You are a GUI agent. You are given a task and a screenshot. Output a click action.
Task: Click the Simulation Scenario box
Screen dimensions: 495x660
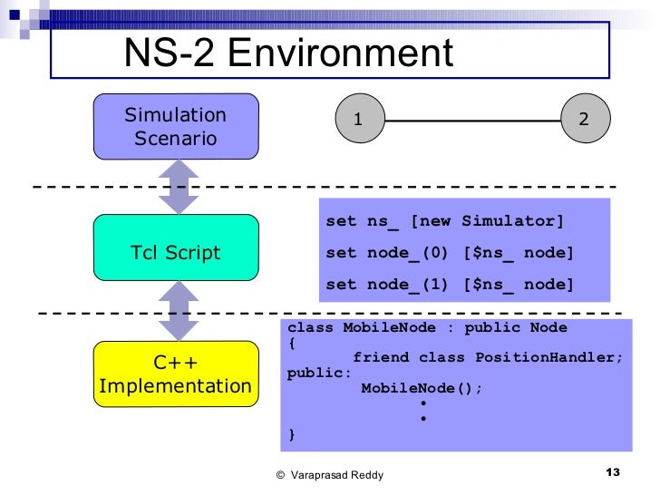(176, 126)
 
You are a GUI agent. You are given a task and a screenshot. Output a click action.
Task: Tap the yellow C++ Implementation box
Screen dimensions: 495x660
(176, 374)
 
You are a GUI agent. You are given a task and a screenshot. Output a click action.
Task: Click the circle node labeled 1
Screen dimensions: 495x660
(359, 120)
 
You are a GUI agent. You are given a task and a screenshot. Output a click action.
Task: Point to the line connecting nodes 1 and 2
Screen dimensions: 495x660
(471, 120)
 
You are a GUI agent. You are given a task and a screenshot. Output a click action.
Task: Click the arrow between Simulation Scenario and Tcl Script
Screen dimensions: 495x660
(179, 187)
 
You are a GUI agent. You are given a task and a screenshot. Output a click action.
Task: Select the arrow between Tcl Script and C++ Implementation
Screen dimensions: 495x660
(179, 310)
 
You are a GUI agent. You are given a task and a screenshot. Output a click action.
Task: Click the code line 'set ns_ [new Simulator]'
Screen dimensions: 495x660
(444, 222)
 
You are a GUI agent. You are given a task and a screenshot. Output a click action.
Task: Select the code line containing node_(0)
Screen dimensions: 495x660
(450, 254)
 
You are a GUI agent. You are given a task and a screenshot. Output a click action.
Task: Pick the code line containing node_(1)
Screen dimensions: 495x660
(450, 285)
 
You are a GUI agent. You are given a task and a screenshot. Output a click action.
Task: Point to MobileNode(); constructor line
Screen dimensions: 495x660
(422, 388)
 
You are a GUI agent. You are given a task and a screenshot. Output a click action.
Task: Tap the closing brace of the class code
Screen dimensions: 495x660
(291, 434)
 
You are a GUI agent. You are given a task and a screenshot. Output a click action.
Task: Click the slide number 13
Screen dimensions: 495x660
(611, 473)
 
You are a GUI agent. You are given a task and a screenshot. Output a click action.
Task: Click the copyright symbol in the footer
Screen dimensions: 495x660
(281, 475)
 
